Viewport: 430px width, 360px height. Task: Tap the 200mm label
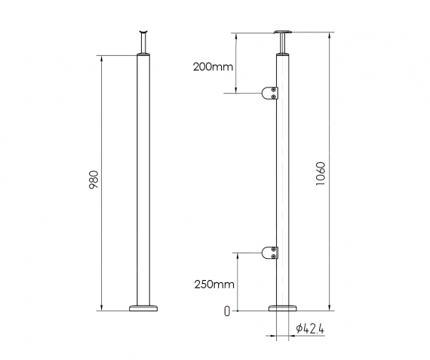[213, 67]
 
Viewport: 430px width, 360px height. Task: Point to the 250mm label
[213, 285]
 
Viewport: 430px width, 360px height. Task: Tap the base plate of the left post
[143, 307]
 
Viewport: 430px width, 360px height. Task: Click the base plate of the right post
[284, 307]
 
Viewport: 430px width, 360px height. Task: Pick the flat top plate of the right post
[284, 32]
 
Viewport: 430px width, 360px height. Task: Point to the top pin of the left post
[143, 42]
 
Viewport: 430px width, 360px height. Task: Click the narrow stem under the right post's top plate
[284, 45]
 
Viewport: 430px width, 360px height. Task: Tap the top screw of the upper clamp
[275, 90]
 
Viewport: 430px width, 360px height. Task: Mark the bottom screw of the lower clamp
[275, 255]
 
